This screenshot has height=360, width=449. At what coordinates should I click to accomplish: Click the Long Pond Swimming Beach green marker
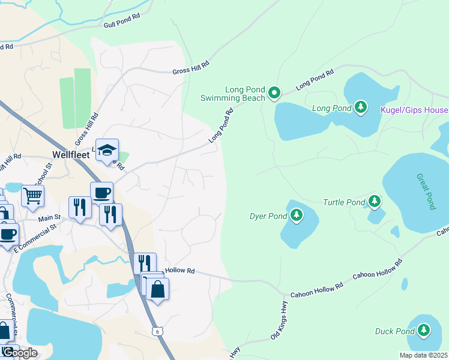coord(274,92)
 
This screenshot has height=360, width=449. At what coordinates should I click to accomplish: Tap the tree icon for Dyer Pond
coord(296,215)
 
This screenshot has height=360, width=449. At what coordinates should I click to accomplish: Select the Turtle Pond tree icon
coord(375,201)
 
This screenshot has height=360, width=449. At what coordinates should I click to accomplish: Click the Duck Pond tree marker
coord(424,329)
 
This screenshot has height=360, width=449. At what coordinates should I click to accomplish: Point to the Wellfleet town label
coord(70,155)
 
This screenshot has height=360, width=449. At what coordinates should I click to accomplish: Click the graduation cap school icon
coord(107,150)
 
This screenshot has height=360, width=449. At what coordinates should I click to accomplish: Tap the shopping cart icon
coord(32,195)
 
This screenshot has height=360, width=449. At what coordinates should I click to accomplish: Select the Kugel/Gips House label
coord(414,110)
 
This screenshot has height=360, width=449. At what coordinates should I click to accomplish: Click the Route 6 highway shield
coord(157,331)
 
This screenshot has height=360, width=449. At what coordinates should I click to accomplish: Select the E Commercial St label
coord(34,238)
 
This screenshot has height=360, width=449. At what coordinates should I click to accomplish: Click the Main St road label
coord(50,217)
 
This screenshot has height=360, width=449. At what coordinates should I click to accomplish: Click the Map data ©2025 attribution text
coord(423,355)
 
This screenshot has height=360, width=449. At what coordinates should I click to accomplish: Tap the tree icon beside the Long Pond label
coord(360,107)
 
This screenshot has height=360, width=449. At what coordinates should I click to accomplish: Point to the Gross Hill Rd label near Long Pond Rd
coord(190,67)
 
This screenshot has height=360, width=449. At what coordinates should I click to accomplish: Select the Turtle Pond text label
coord(343,203)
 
